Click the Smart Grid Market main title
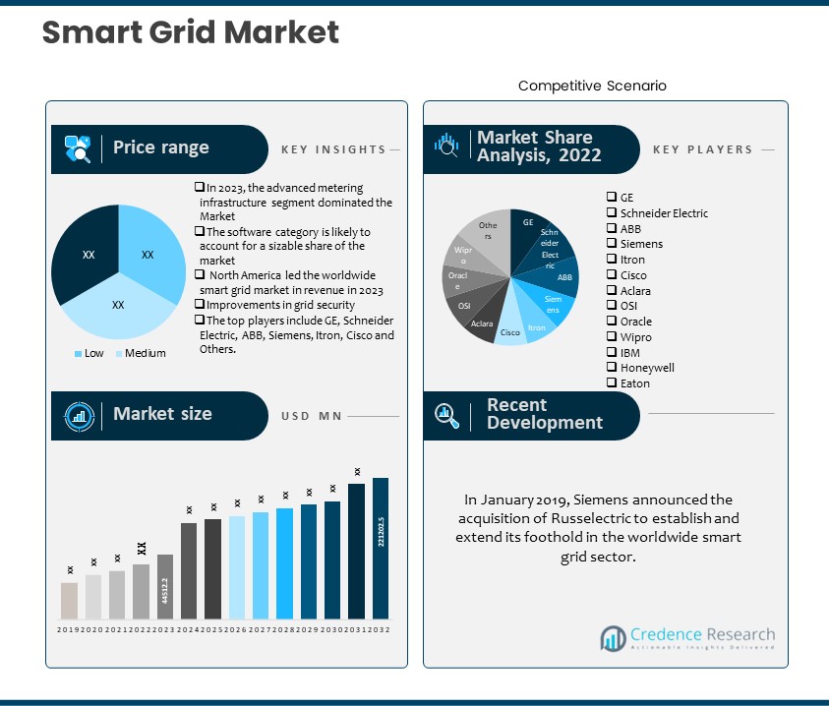click(191, 32)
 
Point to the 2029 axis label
click(309, 629)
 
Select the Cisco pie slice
click(511, 330)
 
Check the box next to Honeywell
click(612, 368)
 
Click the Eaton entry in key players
click(634, 383)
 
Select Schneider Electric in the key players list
click(663, 212)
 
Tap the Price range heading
click(160, 147)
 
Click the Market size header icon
click(79, 415)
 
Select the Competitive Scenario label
click(592, 86)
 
